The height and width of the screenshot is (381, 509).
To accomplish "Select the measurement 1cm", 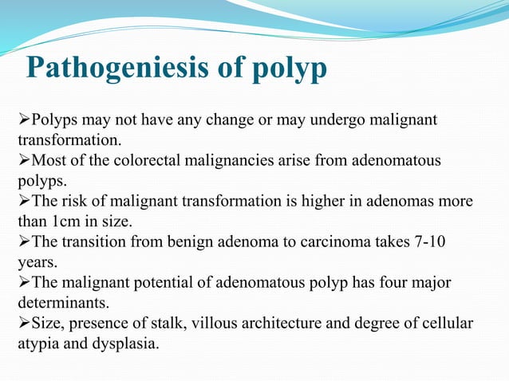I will pos(61,221).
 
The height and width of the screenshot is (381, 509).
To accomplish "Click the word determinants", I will pos(53,304).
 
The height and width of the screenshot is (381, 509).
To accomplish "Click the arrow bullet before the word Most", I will pos(23,162).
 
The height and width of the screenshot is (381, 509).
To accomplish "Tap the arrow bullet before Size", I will pos(23,328).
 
